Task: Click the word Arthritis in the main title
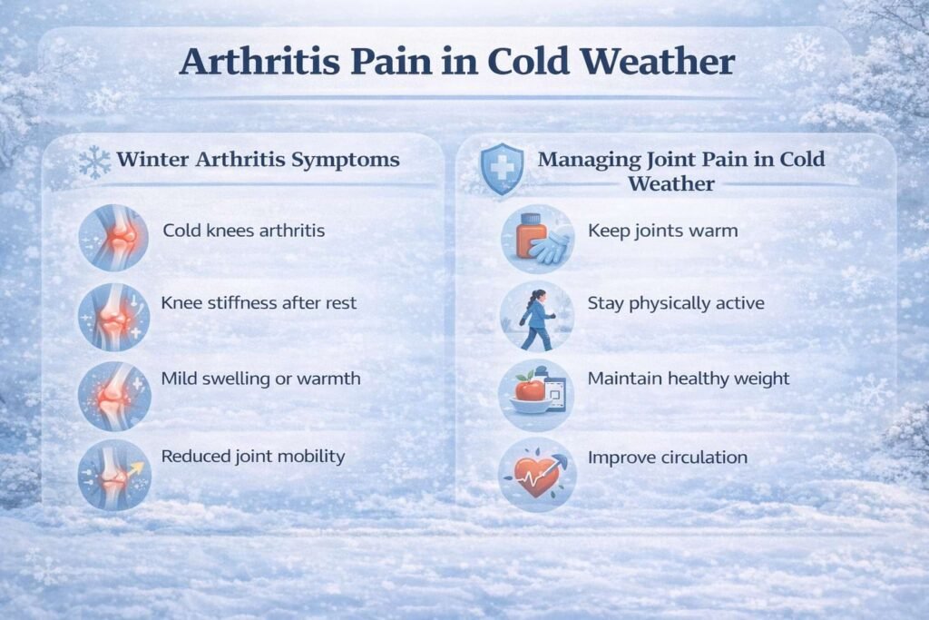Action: [x=259, y=61]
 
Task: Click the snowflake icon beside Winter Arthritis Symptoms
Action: [x=94, y=162]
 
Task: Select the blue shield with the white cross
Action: [x=502, y=169]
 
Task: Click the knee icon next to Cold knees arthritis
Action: [x=113, y=237]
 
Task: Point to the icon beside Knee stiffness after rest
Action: [x=113, y=317]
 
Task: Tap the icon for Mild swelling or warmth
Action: [x=114, y=396]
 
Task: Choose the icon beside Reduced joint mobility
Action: [x=114, y=475]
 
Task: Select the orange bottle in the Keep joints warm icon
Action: [x=532, y=235]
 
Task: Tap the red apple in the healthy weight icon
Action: [x=530, y=389]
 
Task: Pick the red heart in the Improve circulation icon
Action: [x=535, y=476]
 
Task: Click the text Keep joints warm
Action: [x=663, y=231]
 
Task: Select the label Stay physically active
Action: [x=676, y=303]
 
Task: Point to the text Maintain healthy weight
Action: [x=689, y=379]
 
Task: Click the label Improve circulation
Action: [x=668, y=458]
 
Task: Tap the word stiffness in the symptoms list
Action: [x=240, y=303]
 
